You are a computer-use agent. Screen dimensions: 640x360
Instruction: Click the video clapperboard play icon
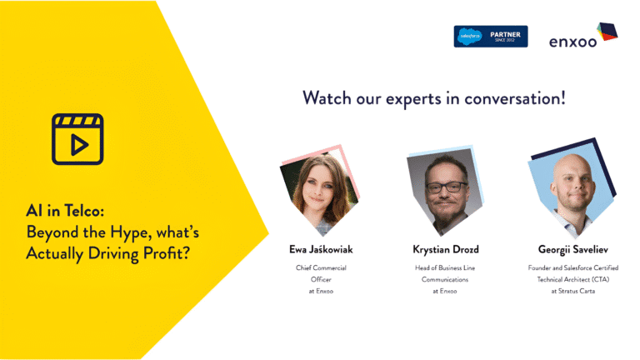[77, 139]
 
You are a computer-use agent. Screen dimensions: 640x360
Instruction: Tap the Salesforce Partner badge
[491, 37]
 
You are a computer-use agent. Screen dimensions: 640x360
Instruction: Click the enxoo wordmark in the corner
[572, 42]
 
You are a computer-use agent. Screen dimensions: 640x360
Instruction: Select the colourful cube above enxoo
[607, 32]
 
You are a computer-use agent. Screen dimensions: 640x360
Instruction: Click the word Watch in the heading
[327, 98]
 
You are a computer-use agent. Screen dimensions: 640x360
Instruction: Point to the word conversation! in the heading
[515, 98]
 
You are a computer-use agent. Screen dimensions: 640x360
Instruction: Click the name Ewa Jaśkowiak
[321, 249]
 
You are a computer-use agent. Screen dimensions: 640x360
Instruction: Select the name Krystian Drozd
[446, 249]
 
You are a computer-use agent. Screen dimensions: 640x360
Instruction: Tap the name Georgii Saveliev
[573, 249]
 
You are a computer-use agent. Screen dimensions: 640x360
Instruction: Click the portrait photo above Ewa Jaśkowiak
[320, 191]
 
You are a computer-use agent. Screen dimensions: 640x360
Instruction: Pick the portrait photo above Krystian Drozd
[445, 191]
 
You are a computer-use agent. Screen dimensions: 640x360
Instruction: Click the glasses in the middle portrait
[446, 187]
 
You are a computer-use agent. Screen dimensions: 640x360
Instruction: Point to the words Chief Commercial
[321, 267]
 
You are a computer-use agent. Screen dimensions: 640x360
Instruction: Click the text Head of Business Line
[445, 267]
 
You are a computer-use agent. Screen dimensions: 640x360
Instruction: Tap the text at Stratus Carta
[573, 291]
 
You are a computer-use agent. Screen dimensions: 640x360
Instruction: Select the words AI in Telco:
[65, 211]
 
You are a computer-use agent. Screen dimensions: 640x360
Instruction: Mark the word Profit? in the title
[167, 253]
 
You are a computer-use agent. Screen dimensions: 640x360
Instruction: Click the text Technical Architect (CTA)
[573, 279]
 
